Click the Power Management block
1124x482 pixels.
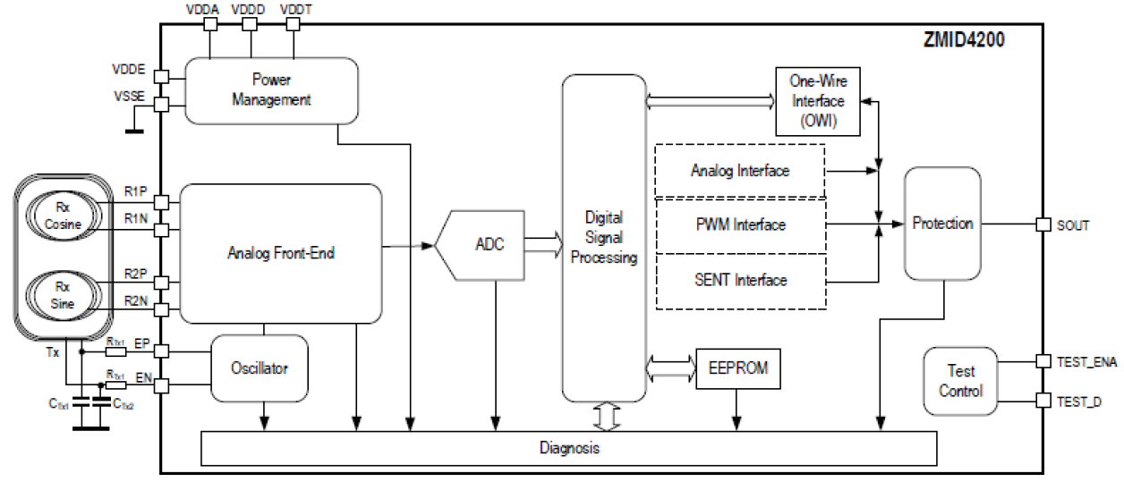click(270, 90)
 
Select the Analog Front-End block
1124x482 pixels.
click(281, 253)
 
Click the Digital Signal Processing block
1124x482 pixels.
click(603, 238)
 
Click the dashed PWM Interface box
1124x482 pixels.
click(739, 225)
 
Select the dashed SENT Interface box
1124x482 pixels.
click(739, 281)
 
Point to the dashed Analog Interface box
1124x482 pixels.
click(739, 170)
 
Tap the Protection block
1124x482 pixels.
click(942, 224)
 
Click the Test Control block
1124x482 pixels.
click(962, 381)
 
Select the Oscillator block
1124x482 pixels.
click(259, 368)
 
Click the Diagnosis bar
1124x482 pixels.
click(569, 448)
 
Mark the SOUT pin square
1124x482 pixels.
click(1043, 224)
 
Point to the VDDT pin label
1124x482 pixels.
click(295, 8)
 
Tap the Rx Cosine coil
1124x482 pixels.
click(62, 217)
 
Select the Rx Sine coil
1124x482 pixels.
click(62, 296)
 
